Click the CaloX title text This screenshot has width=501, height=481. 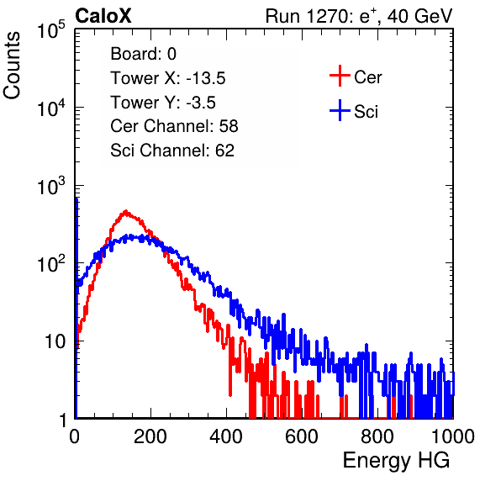(103, 16)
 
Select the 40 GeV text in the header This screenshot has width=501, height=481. (419, 16)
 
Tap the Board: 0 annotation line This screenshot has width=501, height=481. (143, 54)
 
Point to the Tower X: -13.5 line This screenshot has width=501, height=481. (168, 78)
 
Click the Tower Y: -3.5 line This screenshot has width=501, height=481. (163, 103)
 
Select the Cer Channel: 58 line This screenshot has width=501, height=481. (174, 126)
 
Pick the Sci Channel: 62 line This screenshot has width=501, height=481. (172, 151)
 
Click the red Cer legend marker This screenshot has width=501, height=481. (340, 76)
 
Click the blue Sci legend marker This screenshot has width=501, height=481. (340, 111)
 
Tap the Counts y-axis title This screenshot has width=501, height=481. (12, 66)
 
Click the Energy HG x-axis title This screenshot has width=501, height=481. (396, 461)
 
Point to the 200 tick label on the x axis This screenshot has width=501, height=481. (150, 436)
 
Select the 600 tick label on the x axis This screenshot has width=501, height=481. (302, 436)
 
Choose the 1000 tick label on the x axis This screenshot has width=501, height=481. (453, 436)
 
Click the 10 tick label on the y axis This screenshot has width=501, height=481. (55, 341)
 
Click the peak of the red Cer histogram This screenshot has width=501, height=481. (125, 211)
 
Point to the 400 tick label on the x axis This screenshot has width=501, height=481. (226, 436)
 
